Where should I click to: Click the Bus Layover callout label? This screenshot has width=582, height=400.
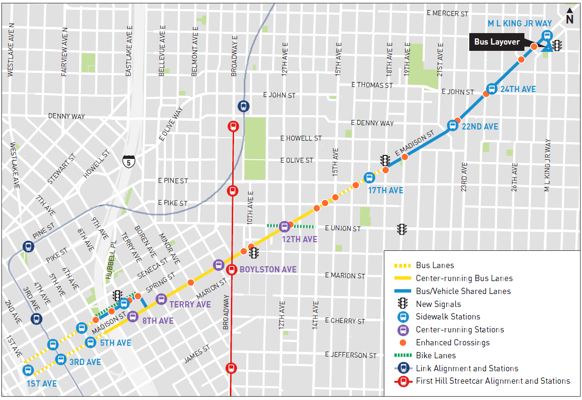[497, 42]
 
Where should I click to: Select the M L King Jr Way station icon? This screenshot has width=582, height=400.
[546, 35]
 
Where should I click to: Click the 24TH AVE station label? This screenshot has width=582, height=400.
[519, 89]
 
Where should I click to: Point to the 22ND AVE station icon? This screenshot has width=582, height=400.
[452, 126]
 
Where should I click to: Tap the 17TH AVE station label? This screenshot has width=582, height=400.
[386, 190]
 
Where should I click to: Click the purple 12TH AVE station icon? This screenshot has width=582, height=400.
[285, 226]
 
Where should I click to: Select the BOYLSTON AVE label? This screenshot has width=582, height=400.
[268, 270]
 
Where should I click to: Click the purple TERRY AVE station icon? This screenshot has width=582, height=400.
[161, 299]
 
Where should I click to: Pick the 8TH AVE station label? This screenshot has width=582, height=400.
[158, 321]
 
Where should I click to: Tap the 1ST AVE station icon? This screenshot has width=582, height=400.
[28, 370]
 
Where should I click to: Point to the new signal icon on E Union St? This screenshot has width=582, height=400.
[402, 229]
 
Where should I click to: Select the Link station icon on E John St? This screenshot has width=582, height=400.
[244, 106]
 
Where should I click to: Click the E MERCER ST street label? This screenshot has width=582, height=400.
[447, 13]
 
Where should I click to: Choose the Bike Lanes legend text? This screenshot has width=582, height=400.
[436, 355]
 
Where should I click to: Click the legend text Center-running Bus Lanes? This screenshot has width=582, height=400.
[464, 278]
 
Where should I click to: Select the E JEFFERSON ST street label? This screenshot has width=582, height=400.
[350, 355]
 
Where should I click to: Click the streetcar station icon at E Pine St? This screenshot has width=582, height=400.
[232, 191]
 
